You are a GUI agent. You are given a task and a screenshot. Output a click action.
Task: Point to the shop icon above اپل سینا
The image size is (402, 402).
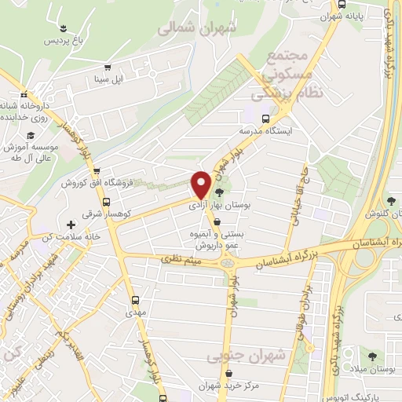point(108,68)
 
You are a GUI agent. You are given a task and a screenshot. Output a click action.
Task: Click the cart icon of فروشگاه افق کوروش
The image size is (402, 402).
point(95,170)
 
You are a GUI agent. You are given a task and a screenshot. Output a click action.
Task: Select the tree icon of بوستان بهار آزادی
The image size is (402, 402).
point(219,192)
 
